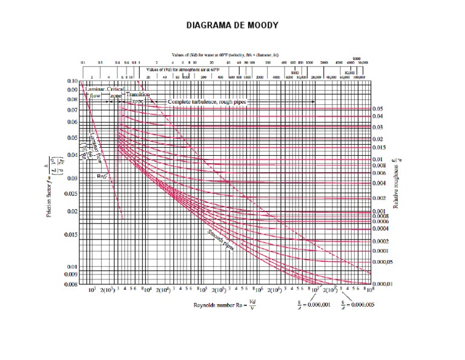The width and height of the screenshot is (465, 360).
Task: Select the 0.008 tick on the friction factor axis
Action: (71, 284)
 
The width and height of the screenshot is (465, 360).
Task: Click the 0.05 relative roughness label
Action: (377, 108)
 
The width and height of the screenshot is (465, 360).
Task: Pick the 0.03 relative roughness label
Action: (377, 127)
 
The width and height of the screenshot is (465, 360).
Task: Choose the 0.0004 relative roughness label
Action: (380, 228)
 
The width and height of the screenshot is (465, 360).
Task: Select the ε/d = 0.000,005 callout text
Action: (358, 304)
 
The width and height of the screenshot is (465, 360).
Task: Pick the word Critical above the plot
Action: (116, 89)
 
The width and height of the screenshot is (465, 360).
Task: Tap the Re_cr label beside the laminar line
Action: (102, 176)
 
